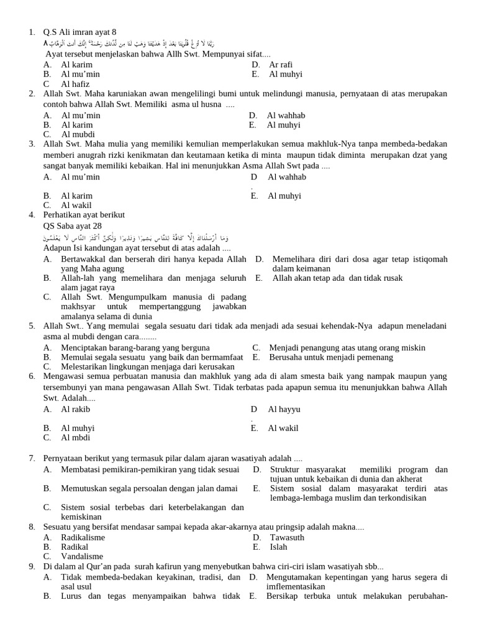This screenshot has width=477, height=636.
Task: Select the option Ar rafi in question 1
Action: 281,65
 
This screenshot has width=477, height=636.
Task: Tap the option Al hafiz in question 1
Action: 75,84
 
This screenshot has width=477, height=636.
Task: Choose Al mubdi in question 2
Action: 78,134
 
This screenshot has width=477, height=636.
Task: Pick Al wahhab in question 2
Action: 286,116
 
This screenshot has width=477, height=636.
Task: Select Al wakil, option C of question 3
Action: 76,205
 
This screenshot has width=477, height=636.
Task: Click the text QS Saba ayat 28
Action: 73,226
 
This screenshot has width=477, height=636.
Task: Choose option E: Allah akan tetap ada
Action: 337,278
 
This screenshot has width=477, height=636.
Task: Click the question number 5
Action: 32,325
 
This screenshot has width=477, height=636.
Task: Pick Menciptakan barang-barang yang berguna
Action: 135,348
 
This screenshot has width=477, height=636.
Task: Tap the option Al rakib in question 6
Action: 75,409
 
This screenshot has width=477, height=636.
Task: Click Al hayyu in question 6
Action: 284,409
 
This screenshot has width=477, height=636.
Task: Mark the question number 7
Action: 32,458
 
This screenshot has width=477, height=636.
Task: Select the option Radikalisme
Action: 83,537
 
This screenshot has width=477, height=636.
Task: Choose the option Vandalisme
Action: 82,556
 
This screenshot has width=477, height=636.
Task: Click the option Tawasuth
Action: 287,537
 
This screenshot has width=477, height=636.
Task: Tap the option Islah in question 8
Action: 278,547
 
